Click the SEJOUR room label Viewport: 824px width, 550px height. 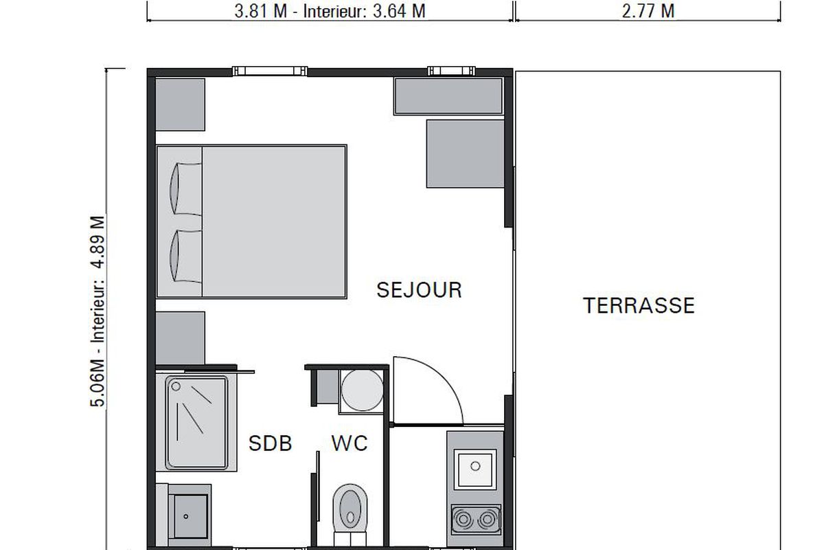pyautogui.click(x=419, y=290)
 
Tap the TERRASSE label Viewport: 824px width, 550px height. pyautogui.click(x=639, y=306)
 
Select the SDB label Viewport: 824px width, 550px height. pyautogui.click(x=271, y=443)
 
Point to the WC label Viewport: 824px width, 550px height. pyautogui.click(x=350, y=443)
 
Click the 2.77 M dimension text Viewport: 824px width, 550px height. pyautogui.click(x=648, y=11)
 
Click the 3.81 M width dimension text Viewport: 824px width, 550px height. pyautogui.click(x=261, y=11)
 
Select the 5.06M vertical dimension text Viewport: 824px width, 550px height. pyautogui.click(x=98, y=384)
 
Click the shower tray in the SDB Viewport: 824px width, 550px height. pyautogui.click(x=196, y=423)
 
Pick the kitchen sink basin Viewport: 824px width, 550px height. pyautogui.click(x=475, y=469)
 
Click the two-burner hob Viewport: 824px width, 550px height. pyautogui.click(x=476, y=520)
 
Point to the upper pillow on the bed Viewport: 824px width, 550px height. pyautogui.click(x=186, y=188)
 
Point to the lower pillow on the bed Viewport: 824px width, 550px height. pyautogui.click(x=186, y=256)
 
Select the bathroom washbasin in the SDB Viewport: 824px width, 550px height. pyautogui.click(x=190, y=516)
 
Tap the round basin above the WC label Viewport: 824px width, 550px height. pyautogui.click(x=362, y=390)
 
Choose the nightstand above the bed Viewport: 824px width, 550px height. pyautogui.click(x=180, y=104)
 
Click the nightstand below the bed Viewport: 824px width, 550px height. pyautogui.click(x=180, y=338)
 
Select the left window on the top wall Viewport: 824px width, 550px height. pyautogui.click(x=270, y=71)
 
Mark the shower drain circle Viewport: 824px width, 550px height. pyautogui.click(x=176, y=386)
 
